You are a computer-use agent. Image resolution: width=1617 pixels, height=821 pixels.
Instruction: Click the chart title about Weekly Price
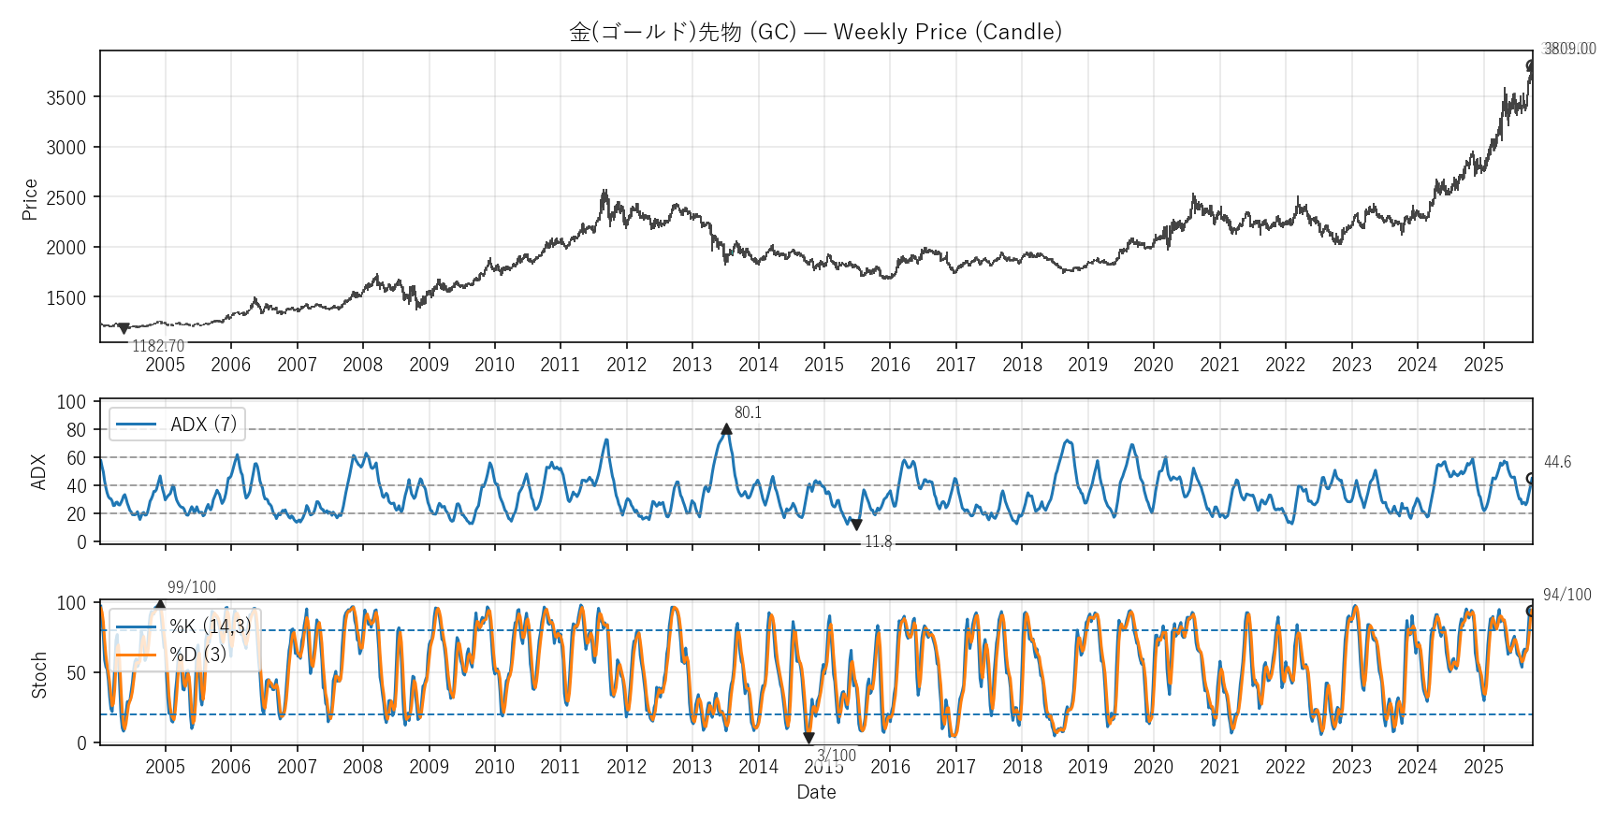click(815, 32)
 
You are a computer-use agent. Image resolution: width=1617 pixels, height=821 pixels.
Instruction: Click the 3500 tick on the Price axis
click(66, 97)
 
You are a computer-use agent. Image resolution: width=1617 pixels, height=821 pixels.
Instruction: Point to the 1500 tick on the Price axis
click(66, 298)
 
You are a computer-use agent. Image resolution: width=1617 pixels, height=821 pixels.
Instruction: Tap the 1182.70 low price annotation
click(158, 346)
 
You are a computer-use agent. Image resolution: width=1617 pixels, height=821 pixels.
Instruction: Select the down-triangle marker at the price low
click(124, 328)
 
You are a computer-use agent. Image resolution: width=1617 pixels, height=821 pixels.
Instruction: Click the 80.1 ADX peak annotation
click(748, 412)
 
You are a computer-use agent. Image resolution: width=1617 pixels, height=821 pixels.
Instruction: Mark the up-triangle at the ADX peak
click(726, 429)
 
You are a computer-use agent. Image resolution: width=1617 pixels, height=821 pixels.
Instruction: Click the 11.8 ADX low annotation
click(878, 541)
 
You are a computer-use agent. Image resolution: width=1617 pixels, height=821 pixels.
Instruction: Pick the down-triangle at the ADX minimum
click(856, 526)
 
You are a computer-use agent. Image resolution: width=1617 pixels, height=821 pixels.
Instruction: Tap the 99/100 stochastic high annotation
click(192, 587)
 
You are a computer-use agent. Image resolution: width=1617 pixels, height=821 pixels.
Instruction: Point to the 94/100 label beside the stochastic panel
click(1566, 595)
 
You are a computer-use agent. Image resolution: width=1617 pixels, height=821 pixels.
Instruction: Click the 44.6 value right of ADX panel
click(1557, 462)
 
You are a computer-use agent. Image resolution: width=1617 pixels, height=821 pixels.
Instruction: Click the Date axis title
click(816, 792)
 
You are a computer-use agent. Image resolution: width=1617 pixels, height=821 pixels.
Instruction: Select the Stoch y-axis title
click(39, 675)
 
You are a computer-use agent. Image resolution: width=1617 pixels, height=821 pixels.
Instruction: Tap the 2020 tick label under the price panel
click(1153, 365)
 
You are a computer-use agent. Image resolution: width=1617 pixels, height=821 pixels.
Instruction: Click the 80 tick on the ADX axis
click(76, 430)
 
